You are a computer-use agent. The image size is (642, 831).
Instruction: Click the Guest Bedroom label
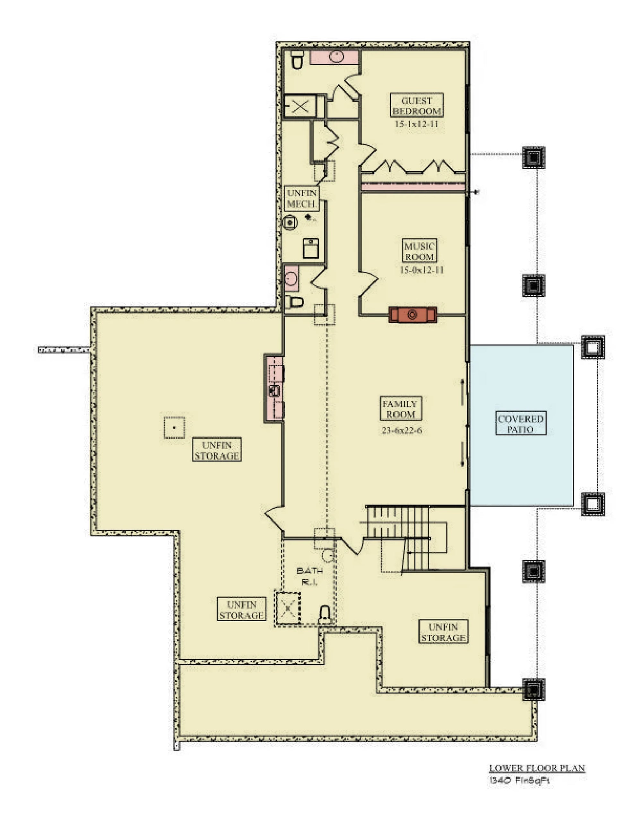click(416, 105)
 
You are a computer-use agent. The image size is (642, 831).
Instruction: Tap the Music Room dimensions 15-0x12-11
click(421, 270)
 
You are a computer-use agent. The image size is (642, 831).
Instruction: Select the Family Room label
click(401, 409)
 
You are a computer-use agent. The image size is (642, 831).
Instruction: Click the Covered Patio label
click(521, 424)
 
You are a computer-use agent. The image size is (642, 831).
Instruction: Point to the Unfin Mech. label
click(302, 198)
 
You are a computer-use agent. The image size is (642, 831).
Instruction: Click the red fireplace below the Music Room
click(413, 315)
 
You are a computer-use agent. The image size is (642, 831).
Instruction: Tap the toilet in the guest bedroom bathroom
click(297, 60)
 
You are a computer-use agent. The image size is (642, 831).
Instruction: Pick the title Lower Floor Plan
click(537, 768)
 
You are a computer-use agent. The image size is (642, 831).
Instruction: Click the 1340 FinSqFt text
click(519, 780)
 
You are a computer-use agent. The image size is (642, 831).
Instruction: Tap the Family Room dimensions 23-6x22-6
click(402, 431)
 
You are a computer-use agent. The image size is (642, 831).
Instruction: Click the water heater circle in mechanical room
click(290, 222)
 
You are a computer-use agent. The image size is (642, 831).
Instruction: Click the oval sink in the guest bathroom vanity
click(336, 57)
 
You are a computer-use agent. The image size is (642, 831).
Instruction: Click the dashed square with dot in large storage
click(174, 428)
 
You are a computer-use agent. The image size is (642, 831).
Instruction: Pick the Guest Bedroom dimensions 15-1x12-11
click(416, 124)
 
